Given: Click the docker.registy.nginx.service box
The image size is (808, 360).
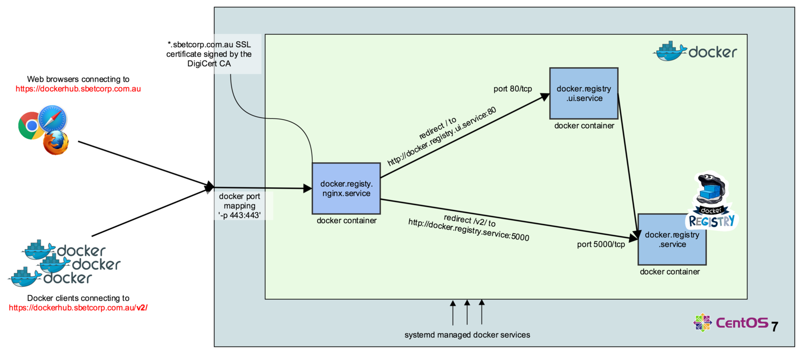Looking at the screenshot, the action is [346, 188].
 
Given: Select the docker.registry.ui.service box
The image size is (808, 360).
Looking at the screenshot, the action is [584, 93].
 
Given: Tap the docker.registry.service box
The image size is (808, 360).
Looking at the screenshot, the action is [672, 239].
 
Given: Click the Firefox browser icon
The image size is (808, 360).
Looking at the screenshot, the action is [56, 143].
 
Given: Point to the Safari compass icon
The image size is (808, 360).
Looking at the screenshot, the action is [53, 119].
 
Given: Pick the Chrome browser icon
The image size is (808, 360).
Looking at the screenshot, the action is [31, 126].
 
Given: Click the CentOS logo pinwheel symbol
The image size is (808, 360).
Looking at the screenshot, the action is [702, 323].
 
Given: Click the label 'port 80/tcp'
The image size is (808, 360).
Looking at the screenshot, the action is [513, 89].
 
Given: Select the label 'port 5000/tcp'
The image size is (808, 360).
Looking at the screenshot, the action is [601, 244].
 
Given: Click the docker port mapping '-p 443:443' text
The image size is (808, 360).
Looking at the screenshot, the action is [239, 205].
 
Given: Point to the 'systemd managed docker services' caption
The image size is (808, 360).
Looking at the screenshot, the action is [467, 335].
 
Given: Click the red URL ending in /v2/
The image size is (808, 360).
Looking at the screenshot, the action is [78, 307].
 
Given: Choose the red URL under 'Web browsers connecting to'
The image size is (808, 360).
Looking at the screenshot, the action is [78, 89].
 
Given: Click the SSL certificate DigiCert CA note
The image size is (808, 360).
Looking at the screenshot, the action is [209, 54].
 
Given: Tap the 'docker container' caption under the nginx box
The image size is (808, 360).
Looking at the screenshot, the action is [346, 221].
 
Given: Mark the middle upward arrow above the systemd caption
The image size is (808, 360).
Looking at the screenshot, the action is [467, 313].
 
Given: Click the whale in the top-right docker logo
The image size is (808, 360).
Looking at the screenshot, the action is [670, 51].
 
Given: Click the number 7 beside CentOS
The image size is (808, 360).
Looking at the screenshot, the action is [775, 327].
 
